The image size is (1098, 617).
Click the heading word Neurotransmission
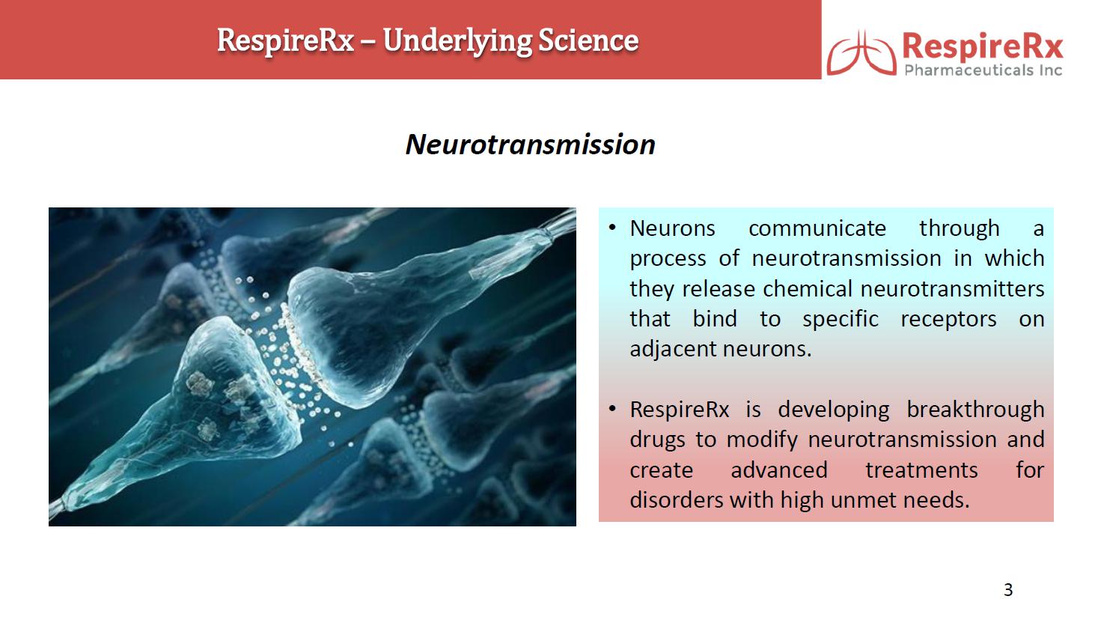[x=531, y=145]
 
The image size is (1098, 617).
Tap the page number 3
[x=1008, y=589]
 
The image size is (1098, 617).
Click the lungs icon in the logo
[x=861, y=53]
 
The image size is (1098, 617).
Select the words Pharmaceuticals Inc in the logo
[x=983, y=70]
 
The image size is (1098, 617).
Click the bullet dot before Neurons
[x=611, y=228]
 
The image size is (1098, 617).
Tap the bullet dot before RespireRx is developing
[x=611, y=409]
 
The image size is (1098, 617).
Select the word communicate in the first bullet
[x=817, y=228]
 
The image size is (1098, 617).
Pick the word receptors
[x=948, y=320]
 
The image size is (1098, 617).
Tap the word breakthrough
[x=975, y=410]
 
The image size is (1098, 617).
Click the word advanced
[x=779, y=470]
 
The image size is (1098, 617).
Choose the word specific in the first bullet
[x=841, y=320]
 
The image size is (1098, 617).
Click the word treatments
[x=921, y=470]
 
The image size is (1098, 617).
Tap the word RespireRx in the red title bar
[x=285, y=41]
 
